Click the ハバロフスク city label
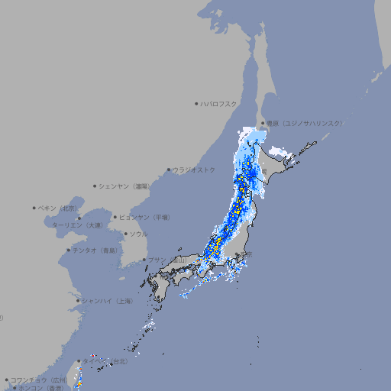click(219, 103)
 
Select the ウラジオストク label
click(195, 170)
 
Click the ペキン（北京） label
click(60, 208)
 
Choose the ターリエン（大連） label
click(77, 225)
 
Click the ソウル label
click(138, 234)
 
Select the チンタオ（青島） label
click(95, 250)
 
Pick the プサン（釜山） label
click(167, 260)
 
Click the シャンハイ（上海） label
click(108, 301)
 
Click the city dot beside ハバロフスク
click(196, 103)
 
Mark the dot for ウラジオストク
click(169, 170)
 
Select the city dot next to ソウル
click(124, 234)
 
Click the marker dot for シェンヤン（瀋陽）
click(95, 186)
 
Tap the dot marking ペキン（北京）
click(34, 208)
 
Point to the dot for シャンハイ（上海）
click(78, 301)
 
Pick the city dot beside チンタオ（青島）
click(68, 250)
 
